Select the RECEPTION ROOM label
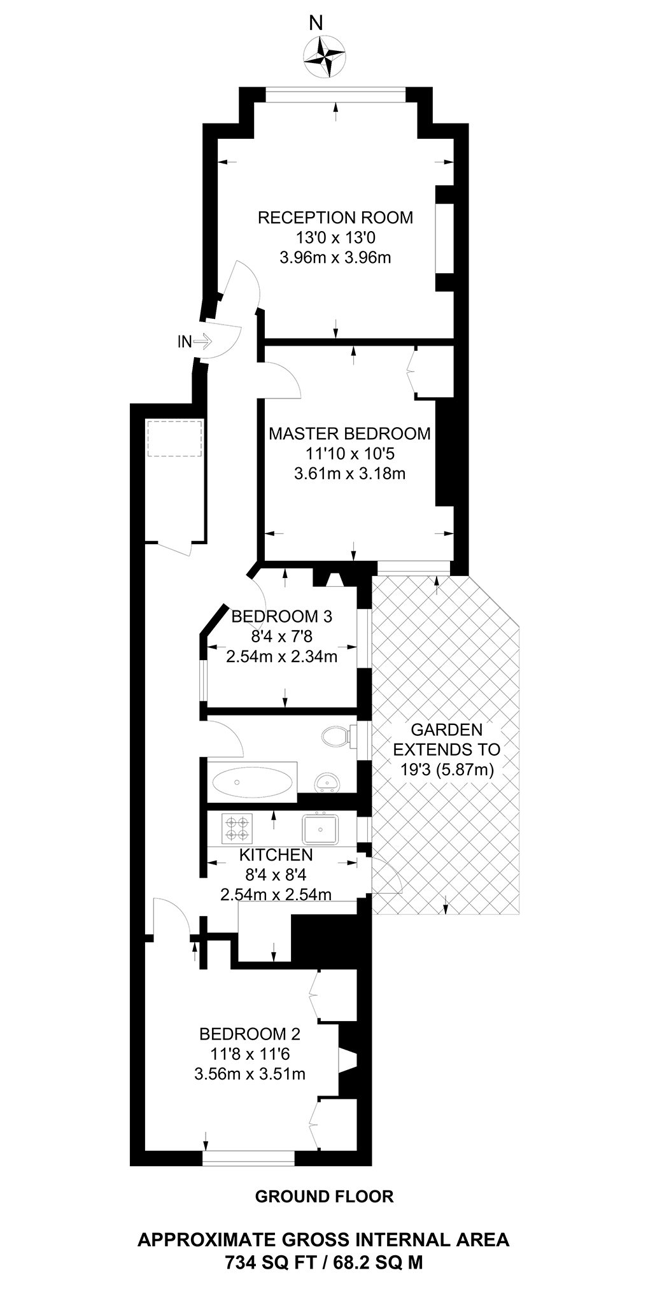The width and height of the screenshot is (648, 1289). (335, 218)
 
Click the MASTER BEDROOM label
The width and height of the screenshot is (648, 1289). (349, 434)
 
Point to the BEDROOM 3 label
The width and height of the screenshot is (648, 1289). (282, 616)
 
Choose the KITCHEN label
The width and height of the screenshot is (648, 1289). (276, 855)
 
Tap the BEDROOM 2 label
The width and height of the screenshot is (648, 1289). (250, 1034)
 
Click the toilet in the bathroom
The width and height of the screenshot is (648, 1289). (335, 737)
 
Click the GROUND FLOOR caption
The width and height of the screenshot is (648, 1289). (324, 1197)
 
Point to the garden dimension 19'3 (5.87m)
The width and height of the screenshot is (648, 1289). (447, 769)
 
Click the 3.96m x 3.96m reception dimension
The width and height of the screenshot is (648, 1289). (335, 258)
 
